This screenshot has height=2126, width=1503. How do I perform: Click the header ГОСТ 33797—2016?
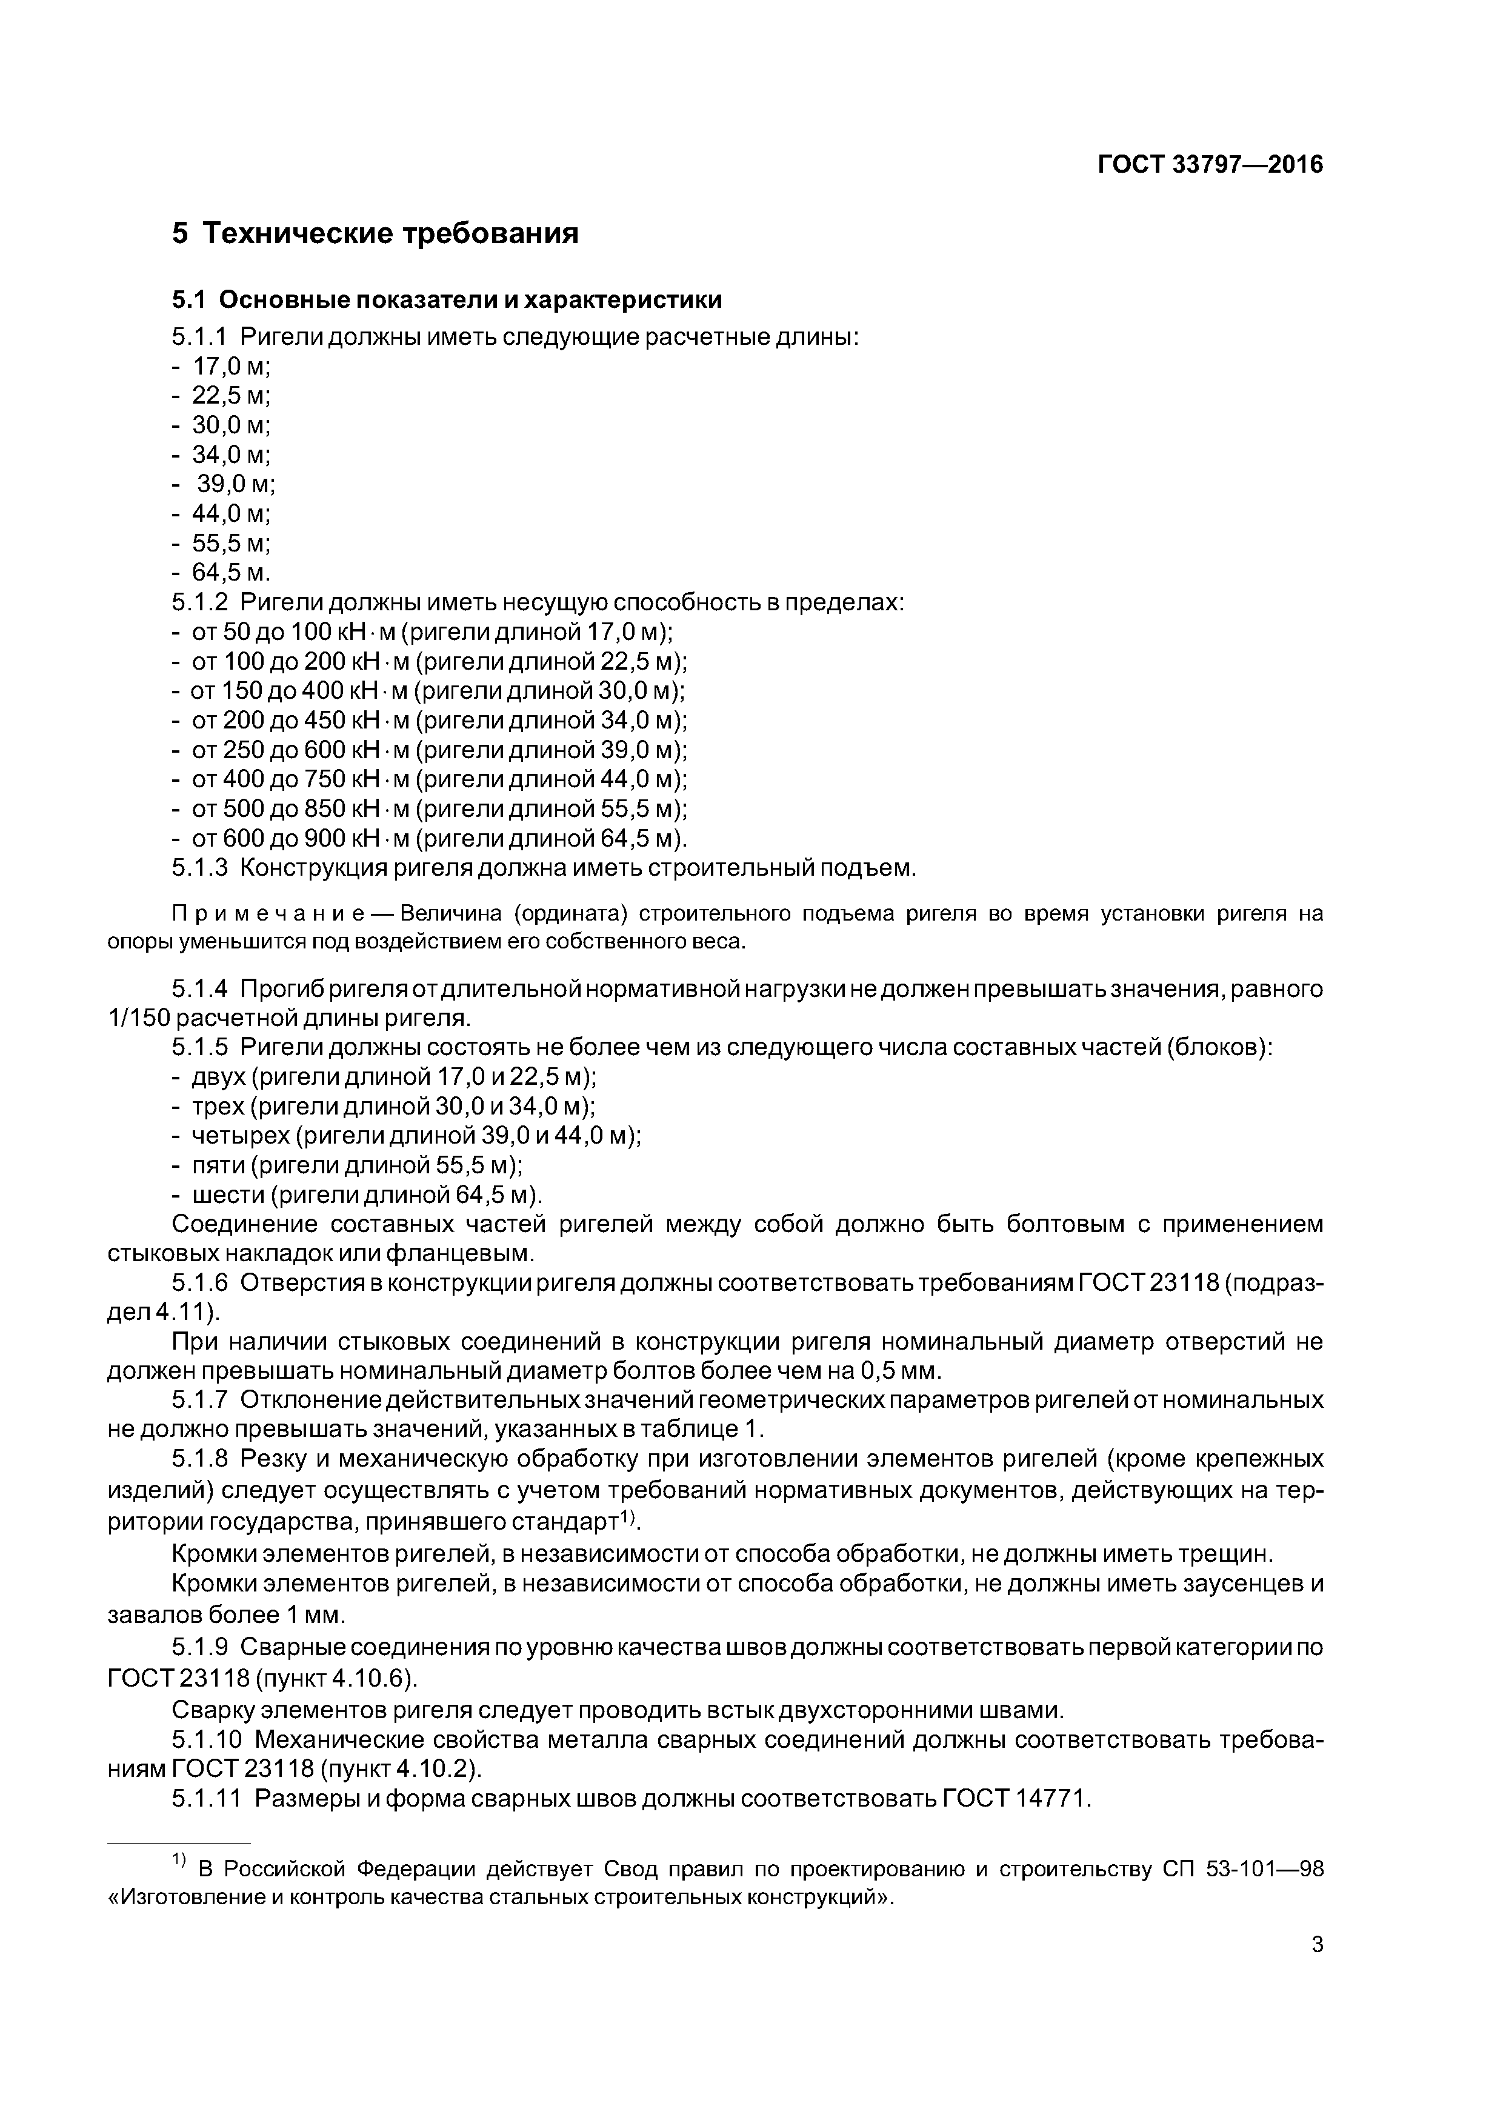point(1210,165)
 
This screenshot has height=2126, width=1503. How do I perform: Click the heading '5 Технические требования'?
point(375,233)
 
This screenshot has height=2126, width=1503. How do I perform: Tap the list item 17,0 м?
point(230,366)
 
